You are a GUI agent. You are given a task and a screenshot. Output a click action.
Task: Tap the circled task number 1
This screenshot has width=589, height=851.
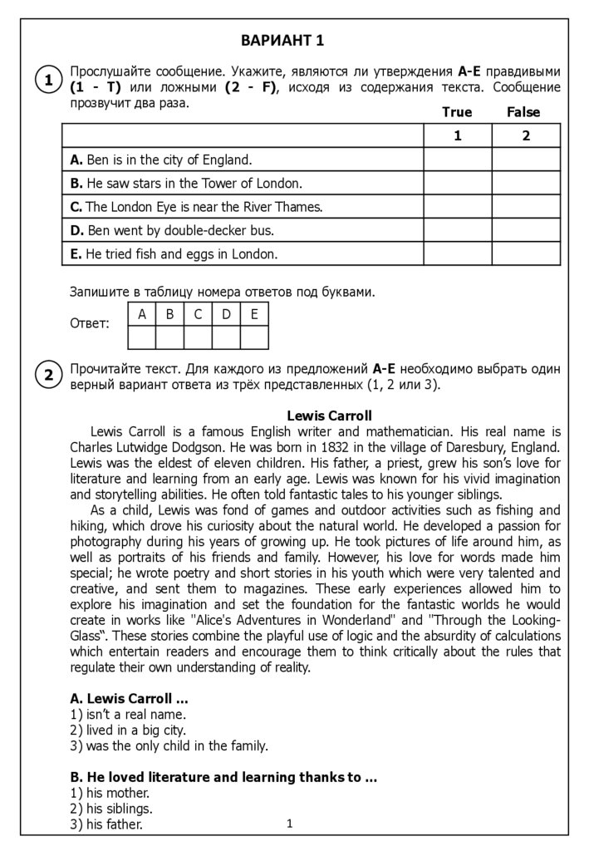48,81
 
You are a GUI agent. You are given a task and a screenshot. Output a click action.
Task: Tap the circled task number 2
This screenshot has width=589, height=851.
48,376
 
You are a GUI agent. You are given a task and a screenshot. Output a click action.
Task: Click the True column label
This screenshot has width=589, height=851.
457,112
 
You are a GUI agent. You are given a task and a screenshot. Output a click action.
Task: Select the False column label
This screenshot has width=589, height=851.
523,112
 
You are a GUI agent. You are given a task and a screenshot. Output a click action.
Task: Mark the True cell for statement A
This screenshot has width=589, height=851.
458,160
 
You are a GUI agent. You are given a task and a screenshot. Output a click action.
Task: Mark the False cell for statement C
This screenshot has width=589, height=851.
526,207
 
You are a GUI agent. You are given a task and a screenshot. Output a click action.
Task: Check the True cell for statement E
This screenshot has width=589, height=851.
458,254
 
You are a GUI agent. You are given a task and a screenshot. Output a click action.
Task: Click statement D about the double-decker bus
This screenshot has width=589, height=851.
172,230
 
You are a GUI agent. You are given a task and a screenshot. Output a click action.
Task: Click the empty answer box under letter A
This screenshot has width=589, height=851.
142,337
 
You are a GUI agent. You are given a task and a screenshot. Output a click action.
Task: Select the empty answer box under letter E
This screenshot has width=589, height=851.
254,337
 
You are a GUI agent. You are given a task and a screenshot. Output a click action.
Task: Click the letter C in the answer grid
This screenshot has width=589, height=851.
198,314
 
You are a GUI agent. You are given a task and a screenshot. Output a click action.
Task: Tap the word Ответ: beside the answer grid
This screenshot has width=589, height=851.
90,324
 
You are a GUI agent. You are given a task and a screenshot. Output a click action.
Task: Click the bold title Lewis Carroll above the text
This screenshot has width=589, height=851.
329,415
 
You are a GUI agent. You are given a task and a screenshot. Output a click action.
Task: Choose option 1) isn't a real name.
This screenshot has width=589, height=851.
128,714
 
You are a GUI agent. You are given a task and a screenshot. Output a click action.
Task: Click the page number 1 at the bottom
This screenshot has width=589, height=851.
289,824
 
